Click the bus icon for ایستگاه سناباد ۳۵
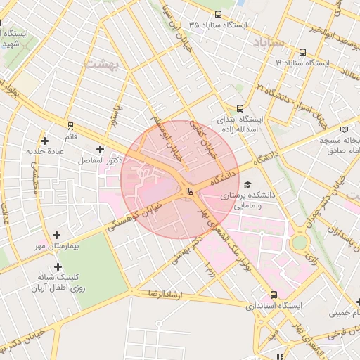(x=217, y=14)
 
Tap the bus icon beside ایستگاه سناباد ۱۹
(x=302, y=52)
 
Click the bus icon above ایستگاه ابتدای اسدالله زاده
(x=240, y=109)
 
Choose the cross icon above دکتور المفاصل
(x=100, y=149)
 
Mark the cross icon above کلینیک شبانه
(x=57, y=266)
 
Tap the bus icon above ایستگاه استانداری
(x=274, y=295)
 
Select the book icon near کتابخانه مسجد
(x=344, y=129)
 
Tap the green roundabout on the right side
(x=300, y=243)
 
